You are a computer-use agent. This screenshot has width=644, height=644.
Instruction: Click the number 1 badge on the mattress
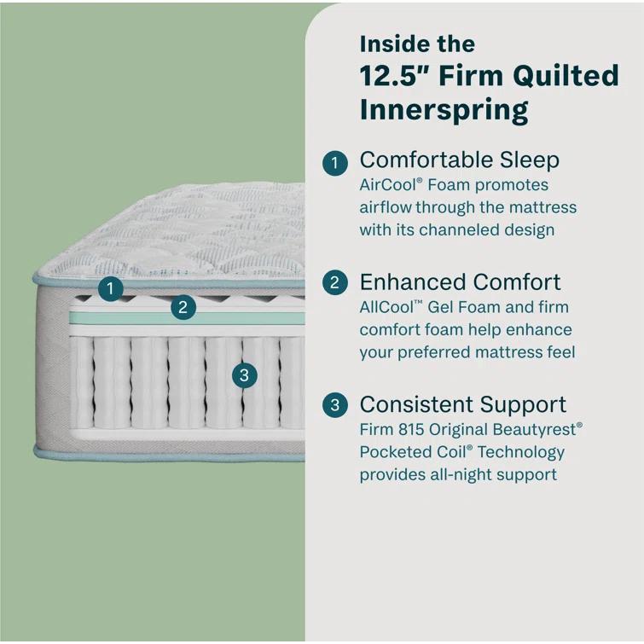point(109,288)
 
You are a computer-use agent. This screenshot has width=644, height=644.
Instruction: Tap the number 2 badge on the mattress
point(183,307)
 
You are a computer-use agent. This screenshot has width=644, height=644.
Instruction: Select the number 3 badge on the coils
point(245,374)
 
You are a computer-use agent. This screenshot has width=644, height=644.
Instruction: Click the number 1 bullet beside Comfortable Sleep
point(335,162)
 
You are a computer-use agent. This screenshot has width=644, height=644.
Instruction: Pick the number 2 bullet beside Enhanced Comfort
point(335,283)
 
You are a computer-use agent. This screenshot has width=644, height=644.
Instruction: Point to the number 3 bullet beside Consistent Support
point(335,406)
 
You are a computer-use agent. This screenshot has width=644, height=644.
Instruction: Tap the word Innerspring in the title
point(444,110)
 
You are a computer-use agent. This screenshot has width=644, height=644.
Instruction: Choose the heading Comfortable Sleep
point(459,160)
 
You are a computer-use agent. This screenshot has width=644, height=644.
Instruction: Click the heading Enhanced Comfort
point(460,282)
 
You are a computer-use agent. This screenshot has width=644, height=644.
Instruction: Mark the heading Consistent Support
point(462,404)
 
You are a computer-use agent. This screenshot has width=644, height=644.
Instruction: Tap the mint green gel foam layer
point(128,319)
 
